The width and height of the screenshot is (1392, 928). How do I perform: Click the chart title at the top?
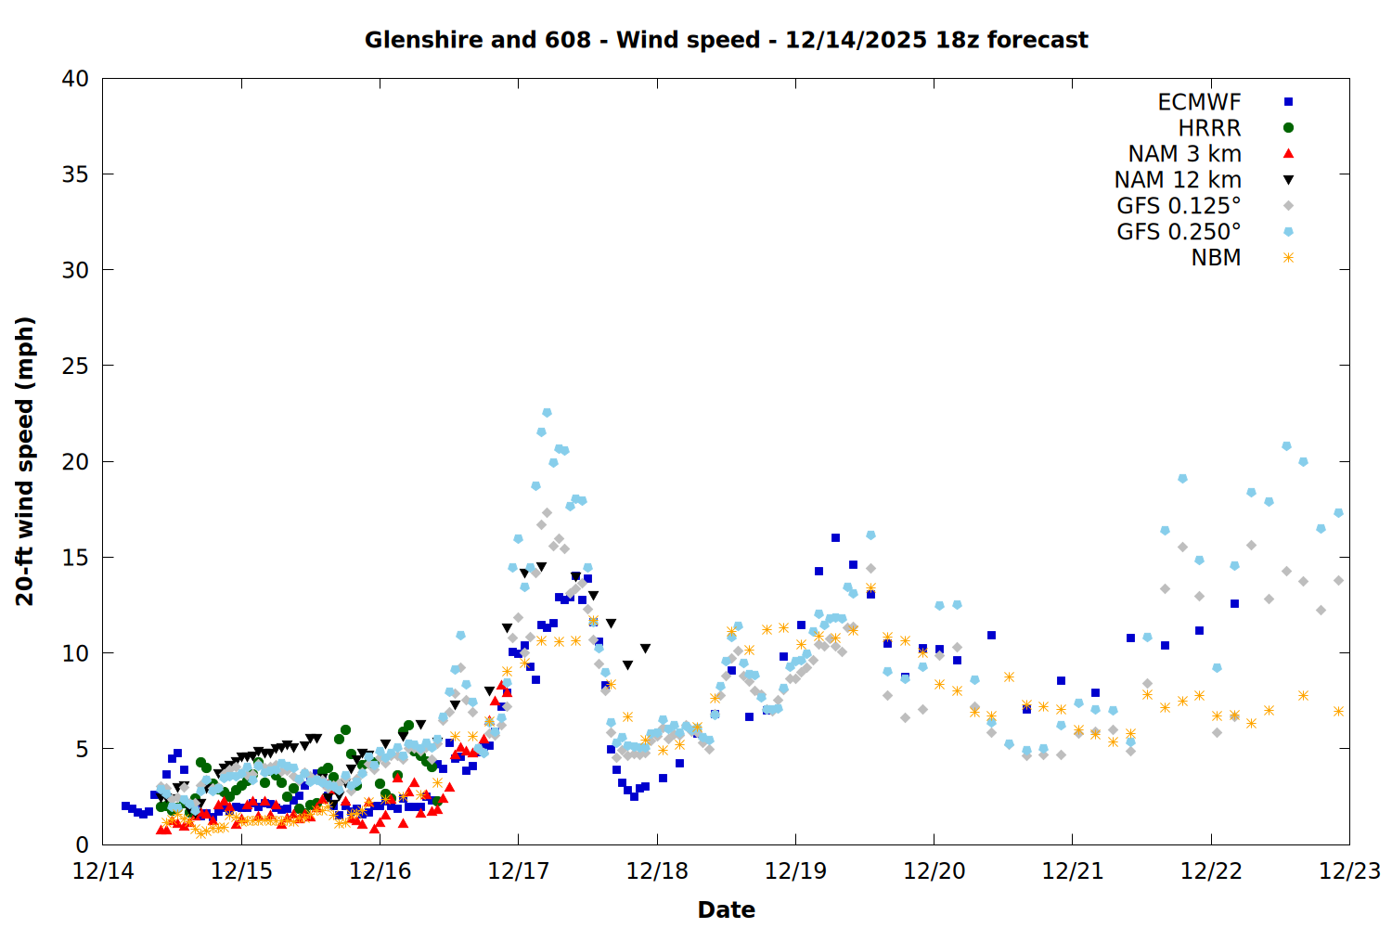click(726, 40)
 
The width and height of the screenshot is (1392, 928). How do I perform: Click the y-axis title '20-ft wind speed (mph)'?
click(25, 461)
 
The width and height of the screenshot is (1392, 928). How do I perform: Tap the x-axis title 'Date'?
click(726, 909)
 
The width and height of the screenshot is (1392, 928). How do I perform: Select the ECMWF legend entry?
click(1199, 102)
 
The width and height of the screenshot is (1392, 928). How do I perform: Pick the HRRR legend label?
click(1209, 128)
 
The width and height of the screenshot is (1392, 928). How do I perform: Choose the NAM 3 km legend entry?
click(1184, 154)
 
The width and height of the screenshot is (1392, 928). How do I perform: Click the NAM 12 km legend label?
click(1178, 180)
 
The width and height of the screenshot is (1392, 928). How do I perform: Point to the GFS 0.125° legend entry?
click(1179, 206)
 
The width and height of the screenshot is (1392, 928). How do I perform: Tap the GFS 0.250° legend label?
click(1179, 232)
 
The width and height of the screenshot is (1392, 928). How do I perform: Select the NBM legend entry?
click(1216, 258)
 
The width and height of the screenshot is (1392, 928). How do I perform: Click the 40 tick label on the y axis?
click(75, 79)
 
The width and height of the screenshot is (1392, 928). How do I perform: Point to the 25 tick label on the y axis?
click(75, 366)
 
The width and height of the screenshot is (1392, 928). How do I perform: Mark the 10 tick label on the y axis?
click(75, 653)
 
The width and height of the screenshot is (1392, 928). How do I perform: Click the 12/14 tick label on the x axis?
click(103, 871)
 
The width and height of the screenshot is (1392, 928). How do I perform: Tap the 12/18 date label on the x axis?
click(657, 871)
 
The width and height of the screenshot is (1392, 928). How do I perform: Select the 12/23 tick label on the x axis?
click(1349, 871)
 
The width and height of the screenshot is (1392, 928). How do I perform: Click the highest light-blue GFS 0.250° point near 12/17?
click(547, 412)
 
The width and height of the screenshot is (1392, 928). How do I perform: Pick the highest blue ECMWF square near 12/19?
click(835, 538)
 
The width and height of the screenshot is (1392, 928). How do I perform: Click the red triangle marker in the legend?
click(1288, 154)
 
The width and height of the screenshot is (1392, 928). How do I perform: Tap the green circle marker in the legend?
click(1288, 128)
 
